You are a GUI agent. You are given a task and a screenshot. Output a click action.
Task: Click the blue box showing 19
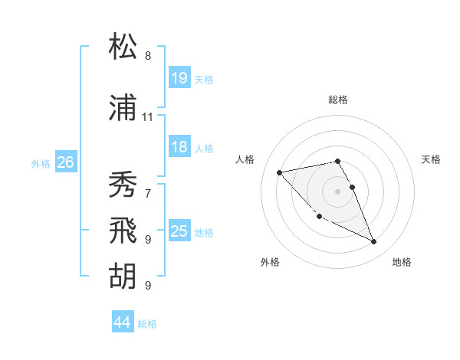point(179,78)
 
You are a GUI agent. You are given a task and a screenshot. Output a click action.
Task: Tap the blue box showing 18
point(179,147)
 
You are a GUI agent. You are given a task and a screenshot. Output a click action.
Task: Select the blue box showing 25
point(179,231)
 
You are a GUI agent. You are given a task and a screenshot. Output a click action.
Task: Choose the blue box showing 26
point(65,162)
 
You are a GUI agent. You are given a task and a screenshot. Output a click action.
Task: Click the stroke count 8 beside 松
point(147,56)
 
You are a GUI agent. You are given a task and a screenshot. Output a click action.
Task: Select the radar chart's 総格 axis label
point(338,100)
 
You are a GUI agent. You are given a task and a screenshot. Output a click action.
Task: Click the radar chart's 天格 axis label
point(432,159)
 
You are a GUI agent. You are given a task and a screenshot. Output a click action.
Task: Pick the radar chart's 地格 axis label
point(402,262)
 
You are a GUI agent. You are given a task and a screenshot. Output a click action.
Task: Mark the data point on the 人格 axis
point(280,172)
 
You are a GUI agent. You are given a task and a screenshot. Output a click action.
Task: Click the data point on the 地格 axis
point(374,242)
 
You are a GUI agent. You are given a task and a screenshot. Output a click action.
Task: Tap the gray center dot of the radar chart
point(338,191)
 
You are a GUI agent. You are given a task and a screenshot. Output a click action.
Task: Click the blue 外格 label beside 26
point(41,163)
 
